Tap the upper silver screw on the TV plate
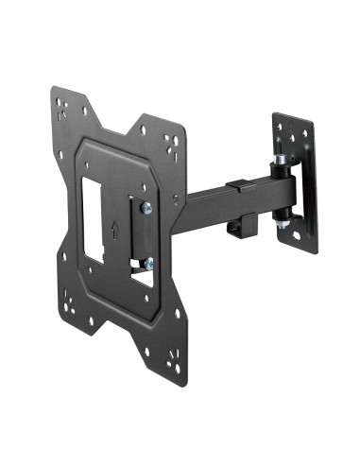tap(146, 209)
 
